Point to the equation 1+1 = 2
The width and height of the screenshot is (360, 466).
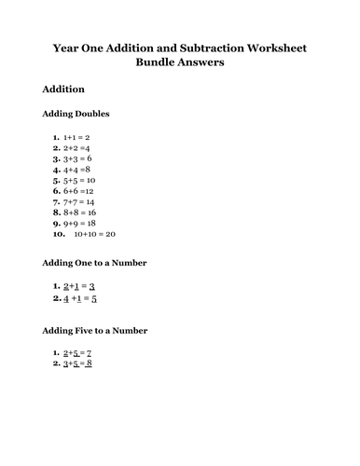pos(76,136)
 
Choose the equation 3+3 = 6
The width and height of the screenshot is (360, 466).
pos(77,158)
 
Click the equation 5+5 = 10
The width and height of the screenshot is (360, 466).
pos(79,180)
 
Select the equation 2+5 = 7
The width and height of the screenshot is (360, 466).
pos(77,353)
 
